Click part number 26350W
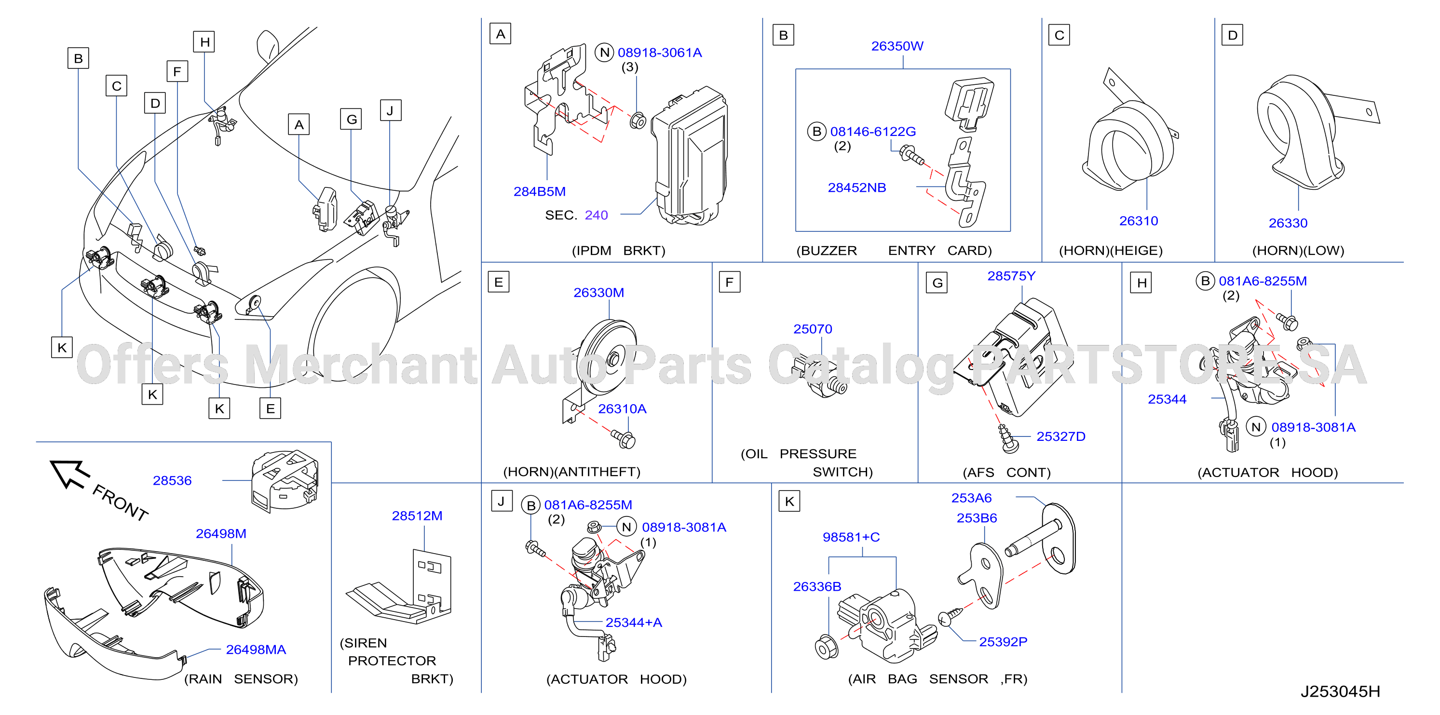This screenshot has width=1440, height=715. tap(897, 46)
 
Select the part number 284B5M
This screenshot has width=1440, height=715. tap(540, 192)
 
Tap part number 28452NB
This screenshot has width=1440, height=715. tap(857, 188)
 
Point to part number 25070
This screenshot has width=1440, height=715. tap(813, 329)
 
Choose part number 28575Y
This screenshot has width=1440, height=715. tap(1011, 276)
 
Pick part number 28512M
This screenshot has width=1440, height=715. tap(417, 516)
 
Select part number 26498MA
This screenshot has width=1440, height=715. tap(256, 649)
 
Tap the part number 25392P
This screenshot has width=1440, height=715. tap(1003, 642)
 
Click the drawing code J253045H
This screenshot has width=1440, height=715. tap(1340, 691)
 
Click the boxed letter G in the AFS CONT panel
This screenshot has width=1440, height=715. tap(937, 283)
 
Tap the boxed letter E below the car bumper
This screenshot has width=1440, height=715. tap(270, 409)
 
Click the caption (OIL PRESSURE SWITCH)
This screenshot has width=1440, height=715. tap(807, 463)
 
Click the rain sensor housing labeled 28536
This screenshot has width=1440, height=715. tap(285, 481)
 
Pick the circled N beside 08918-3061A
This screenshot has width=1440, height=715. tap(604, 53)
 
